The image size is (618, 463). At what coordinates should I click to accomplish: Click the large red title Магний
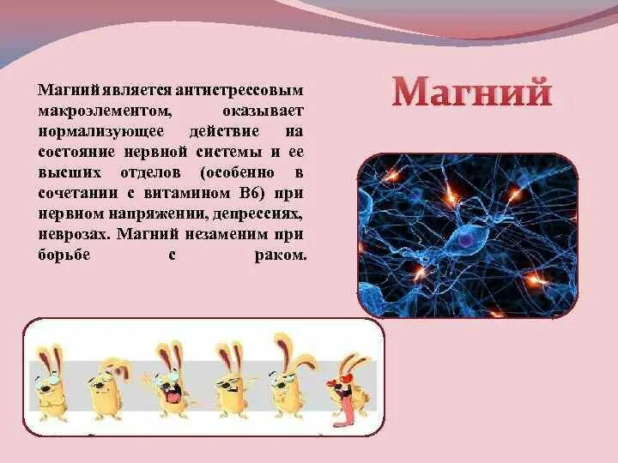point(472,93)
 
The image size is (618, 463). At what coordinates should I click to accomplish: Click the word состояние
point(76,152)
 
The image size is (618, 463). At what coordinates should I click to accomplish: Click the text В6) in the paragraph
point(269,192)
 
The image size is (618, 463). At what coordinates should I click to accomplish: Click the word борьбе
point(62,255)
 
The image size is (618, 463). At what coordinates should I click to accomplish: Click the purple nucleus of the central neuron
point(464,242)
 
